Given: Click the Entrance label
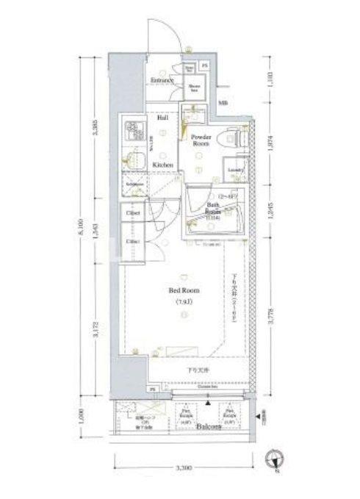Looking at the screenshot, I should tap(162, 80).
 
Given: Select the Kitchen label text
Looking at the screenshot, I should tap(162, 165).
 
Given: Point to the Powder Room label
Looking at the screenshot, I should tap(201, 140).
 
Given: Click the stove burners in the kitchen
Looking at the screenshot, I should tap(135, 131).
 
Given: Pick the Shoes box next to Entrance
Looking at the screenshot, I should tap(195, 87).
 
